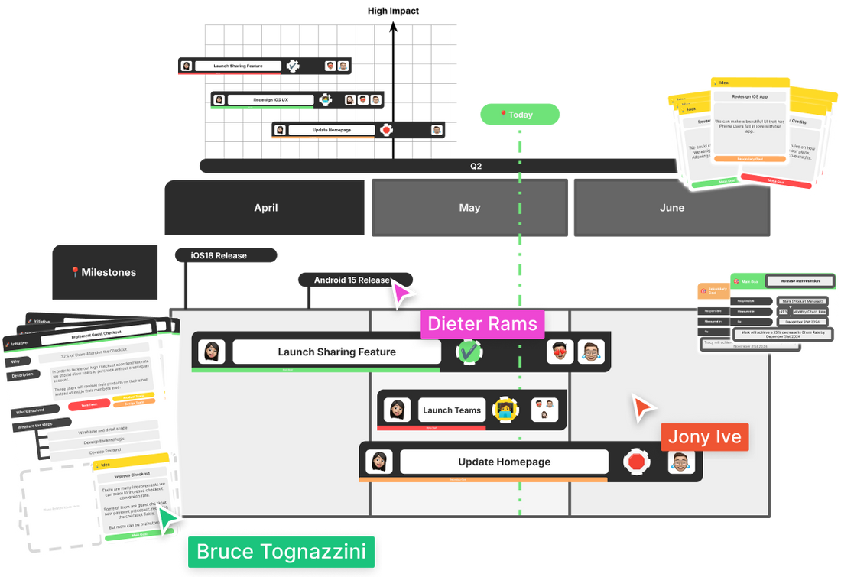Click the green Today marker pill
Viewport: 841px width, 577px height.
520,115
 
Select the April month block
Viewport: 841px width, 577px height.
265,208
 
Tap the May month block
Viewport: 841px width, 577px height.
469,208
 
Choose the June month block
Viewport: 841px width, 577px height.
671,208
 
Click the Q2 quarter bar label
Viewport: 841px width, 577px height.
476,166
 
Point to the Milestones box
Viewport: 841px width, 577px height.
105,273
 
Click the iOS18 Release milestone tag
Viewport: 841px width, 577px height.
219,255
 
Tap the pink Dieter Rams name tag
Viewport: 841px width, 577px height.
482,324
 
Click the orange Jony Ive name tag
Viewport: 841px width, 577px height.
704,437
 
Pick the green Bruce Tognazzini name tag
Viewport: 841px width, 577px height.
281,552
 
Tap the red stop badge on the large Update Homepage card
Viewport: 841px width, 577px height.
635,462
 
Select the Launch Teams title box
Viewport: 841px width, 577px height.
452,410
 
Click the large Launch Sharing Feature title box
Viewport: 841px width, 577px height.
336,352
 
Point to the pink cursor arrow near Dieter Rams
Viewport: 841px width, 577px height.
404,295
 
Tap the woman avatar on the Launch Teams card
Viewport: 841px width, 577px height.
398,410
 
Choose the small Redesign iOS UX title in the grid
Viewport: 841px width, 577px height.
271,100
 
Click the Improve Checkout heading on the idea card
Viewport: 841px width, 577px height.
130,475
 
